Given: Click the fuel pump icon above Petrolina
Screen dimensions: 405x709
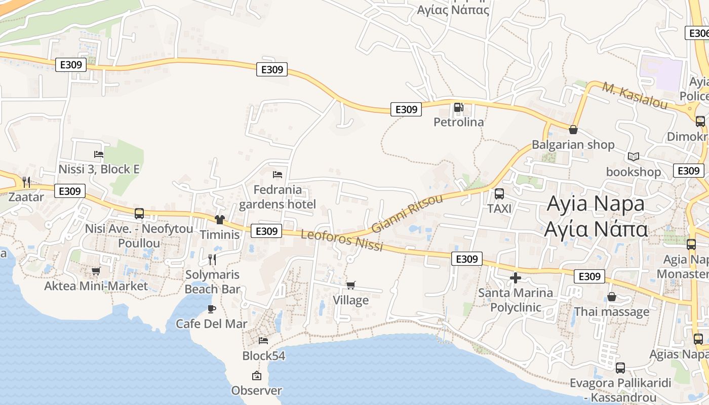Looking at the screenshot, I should (x=458, y=107).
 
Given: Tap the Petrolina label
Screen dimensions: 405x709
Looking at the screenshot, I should (x=459, y=122).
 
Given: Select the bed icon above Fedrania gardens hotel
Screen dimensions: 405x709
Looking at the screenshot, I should (x=278, y=175).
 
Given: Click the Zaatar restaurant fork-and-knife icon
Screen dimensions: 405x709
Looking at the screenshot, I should (x=26, y=182).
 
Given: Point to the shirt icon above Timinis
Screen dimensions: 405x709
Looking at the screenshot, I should (x=219, y=219).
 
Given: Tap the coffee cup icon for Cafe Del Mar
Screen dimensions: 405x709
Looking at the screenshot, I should (x=212, y=309).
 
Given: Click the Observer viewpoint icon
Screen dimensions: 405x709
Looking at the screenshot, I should (x=256, y=376).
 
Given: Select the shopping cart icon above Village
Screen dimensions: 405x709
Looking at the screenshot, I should (x=350, y=285).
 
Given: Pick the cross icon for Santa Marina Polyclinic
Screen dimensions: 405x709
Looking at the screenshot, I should (x=516, y=278).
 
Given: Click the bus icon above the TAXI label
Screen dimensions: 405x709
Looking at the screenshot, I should (x=499, y=193).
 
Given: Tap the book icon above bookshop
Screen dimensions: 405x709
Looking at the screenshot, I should (x=633, y=156).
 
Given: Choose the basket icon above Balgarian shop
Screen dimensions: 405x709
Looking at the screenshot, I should (x=573, y=130).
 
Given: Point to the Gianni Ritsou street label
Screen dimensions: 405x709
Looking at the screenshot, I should (x=407, y=213).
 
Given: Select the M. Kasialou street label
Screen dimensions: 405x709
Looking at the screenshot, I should (x=635, y=96).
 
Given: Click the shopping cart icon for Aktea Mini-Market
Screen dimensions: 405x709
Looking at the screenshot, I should (x=96, y=271).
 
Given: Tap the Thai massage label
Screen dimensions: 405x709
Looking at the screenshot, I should (x=611, y=311).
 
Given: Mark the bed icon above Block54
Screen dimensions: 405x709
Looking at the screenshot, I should (x=263, y=340).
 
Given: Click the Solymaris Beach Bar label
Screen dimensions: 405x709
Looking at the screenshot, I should (x=212, y=282).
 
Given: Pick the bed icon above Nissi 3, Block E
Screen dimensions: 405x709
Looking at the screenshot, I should (x=99, y=154).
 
